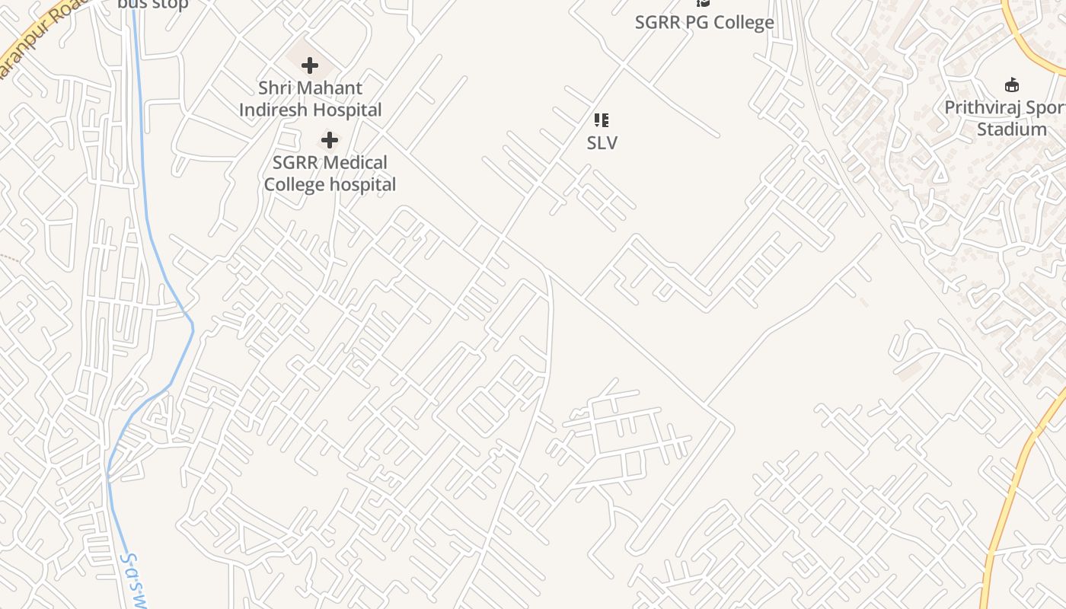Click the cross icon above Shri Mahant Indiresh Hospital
tap(310, 65)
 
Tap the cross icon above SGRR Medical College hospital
tap(330, 140)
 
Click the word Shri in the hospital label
tap(274, 88)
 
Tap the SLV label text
tap(602, 142)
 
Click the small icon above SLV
tap(602, 120)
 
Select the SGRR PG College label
tap(704, 22)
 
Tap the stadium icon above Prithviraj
tap(1012, 84)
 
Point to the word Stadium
tap(1012, 129)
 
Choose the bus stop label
tap(152, 5)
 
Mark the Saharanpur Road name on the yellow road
tap(38, 38)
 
